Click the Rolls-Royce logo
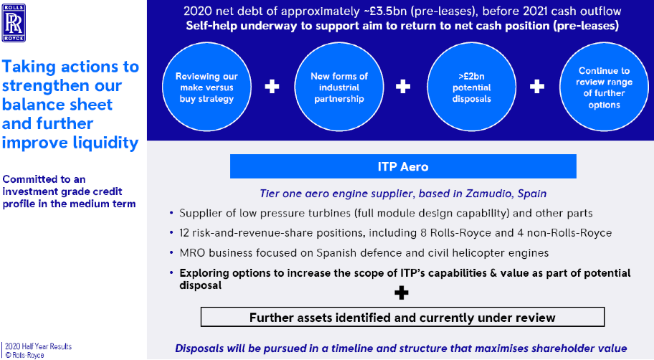[x=14, y=23]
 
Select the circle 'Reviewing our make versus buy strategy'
[x=207, y=87]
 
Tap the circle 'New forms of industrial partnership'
[x=339, y=87]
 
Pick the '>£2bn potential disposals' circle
[x=471, y=87]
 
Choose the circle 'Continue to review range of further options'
[x=604, y=87]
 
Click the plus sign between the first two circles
[x=272, y=87]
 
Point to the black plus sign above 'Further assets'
[x=402, y=293]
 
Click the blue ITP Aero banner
[x=403, y=166]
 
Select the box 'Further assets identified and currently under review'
[x=402, y=317]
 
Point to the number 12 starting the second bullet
[x=184, y=233]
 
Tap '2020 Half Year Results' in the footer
[x=39, y=346]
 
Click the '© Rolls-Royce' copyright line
[x=24, y=355]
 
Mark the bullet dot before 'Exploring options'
[x=171, y=273]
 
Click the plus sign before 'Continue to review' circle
[x=537, y=87]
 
